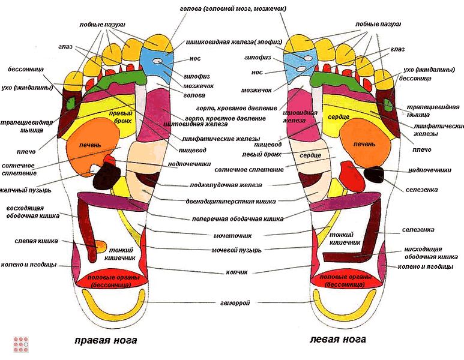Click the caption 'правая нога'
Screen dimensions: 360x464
[x=106, y=340]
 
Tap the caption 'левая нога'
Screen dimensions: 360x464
[x=338, y=339]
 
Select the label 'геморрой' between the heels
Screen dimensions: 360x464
[x=235, y=302]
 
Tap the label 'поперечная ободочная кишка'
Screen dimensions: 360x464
[x=238, y=219]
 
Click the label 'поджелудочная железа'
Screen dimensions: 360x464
[x=236, y=185]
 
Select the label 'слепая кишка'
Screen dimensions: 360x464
[x=37, y=241]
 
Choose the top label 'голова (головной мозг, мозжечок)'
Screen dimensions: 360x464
[x=233, y=9]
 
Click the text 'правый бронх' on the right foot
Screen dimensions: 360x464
[x=120, y=115]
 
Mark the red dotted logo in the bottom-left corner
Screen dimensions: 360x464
[x=22, y=344]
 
